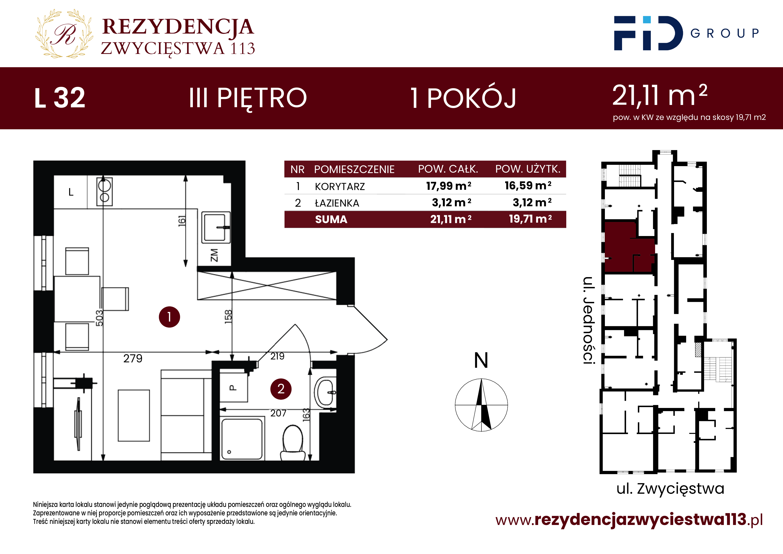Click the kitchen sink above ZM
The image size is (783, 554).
(216, 227)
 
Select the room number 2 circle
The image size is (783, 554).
(281, 389)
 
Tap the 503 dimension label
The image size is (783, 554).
(99, 318)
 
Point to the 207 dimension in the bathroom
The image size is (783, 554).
(278, 414)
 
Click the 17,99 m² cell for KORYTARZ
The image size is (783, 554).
(448, 186)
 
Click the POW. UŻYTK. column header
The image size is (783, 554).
(528, 169)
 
